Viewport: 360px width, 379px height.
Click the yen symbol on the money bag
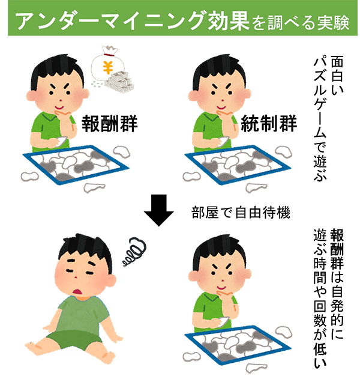[107, 67]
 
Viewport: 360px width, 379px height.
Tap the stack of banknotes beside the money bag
[120, 81]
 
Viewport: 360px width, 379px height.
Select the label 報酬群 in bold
[110, 124]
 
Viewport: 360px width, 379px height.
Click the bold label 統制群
[268, 123]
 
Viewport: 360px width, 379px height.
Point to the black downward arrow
[158, 210]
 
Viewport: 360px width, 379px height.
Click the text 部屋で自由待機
[241, 213]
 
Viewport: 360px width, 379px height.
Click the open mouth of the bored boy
[78, 292]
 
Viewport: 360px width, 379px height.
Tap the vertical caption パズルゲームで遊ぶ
[320, 119]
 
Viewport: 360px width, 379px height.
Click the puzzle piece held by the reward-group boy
[61, 142]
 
